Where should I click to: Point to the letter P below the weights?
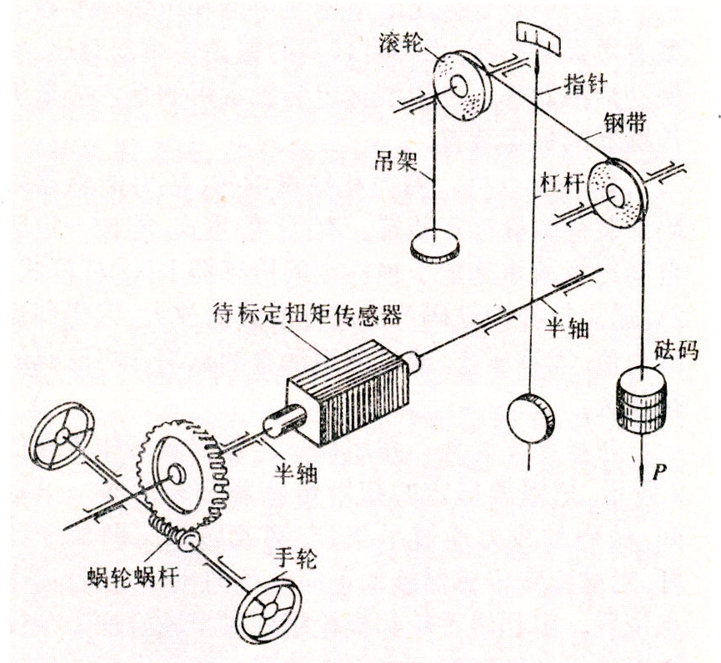click(x=658, y=473)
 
